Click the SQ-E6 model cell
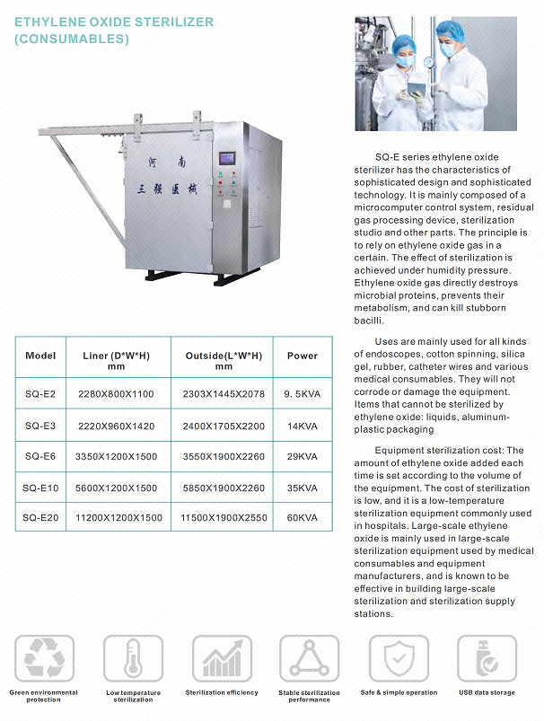click(40, 456)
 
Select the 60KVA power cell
click(303, 518)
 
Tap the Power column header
click(303, 356)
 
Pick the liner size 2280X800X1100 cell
click(116, 394)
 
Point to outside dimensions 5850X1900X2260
click(223, 488)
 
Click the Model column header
click(40, 356)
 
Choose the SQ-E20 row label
click(40, 518)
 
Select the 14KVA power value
click(303, 426)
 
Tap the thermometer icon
click(133, 659)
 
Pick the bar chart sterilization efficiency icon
click(221, 659)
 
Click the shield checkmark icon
click(399, 659)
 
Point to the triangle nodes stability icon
click(310, 659)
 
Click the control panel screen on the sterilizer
click(227, 159)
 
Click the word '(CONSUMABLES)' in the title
click(71, 39)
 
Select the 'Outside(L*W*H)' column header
click(224, 361)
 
